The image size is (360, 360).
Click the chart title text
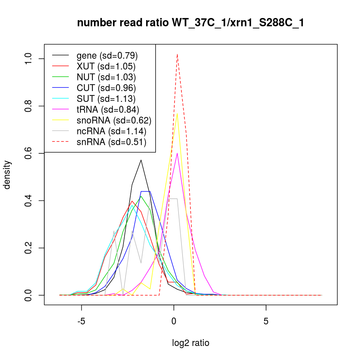pyautogui.click(x=191, y=23)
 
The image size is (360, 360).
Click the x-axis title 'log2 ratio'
pyautogui.click(x=191, y=343)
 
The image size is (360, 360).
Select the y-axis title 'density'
pyautogui.click(x=7, y=175)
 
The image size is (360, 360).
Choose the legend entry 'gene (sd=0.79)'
pyautogui.click(x=107, y=56)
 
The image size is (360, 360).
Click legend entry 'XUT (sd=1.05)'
pyautogui.click(x=106, y=67)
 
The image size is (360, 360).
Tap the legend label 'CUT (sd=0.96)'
pyautogui.click(x=106, y=88)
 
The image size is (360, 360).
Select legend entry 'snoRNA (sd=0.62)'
pyautogui.click(x=114, y=121)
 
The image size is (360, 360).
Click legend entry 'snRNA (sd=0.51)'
pyautogui.click(x=111, y=142)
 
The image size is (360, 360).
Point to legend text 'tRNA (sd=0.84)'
pyautogui.click(x=108, y=110)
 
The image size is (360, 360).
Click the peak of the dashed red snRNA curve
pyautogui.click(x=177, y=54)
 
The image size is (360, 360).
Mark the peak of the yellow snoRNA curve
pyautogui.click(x=177, y=114)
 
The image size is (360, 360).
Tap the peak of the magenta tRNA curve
pyautogui.click(x=177, y=153)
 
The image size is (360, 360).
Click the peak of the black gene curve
pyautogui.click(x=141, y=160)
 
